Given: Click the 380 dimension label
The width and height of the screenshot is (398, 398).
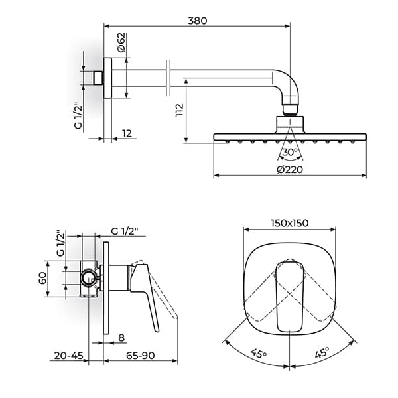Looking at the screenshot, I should (196, 20).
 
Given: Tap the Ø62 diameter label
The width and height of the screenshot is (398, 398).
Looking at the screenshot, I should (121, 44).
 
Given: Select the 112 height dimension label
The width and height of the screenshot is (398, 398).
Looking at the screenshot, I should (178, 110).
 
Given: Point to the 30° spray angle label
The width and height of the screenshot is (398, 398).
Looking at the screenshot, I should (289, 153).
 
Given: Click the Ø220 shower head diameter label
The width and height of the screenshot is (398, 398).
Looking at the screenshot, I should (289, 169).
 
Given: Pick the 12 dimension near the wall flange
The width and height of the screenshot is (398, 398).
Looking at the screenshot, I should (127, 133).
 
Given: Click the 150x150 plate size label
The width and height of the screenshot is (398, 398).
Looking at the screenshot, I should (289, 223).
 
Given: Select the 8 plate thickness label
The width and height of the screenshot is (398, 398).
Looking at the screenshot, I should (121, 337).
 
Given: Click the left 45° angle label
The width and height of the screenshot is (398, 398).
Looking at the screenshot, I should (256, 354).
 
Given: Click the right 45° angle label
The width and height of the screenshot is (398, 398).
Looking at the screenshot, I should (322, 354).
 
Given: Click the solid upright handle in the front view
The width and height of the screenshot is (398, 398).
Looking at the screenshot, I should (289, 295).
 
